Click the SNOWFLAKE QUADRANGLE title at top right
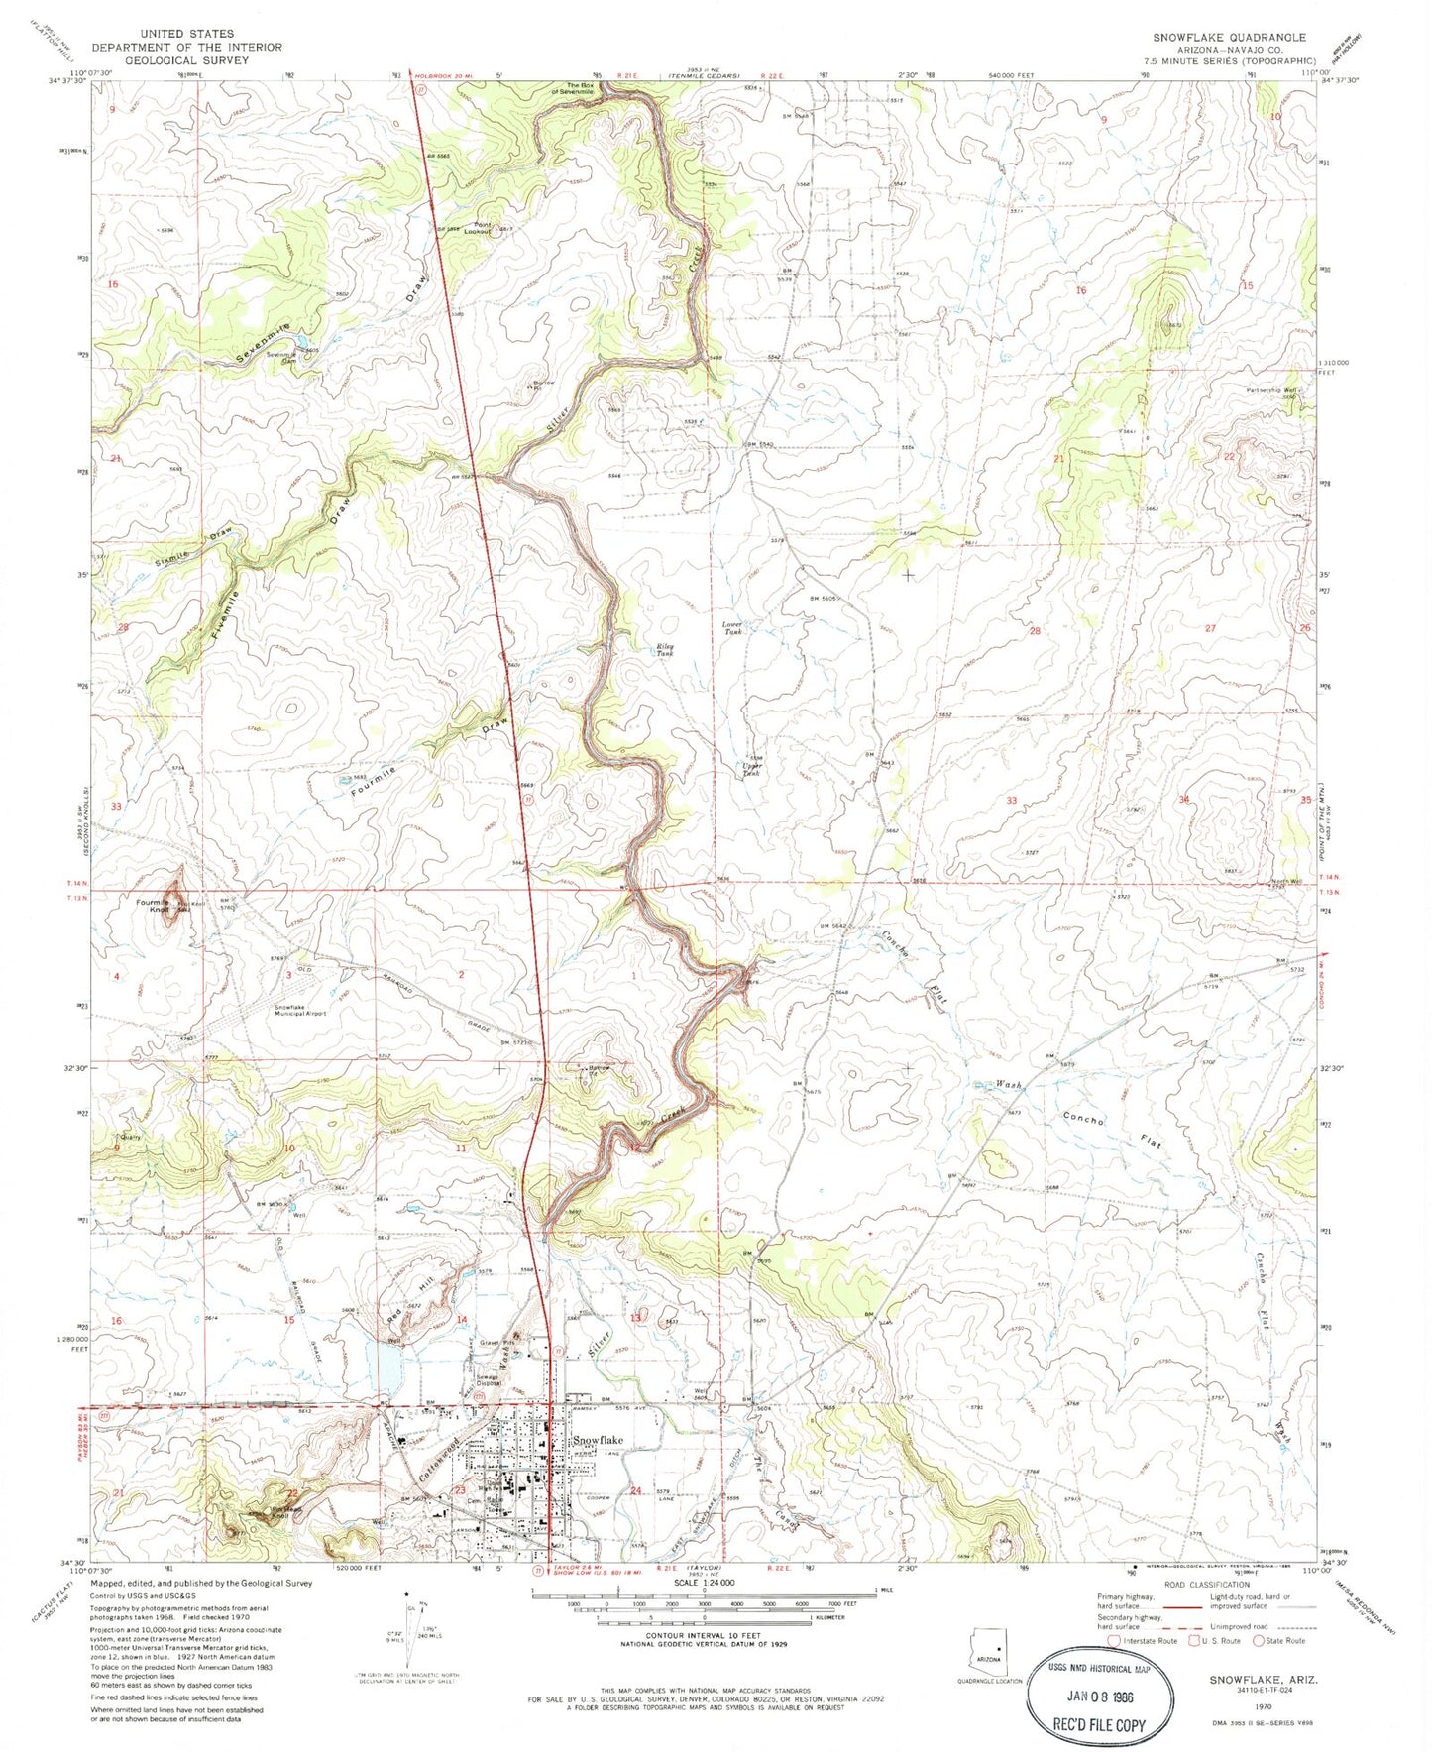[x=1229, y=37]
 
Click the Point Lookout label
[x=483, y=228]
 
